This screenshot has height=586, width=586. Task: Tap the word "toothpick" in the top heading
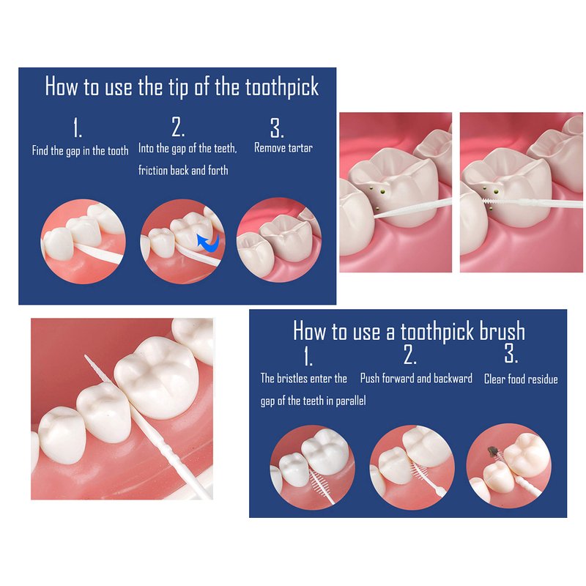pyautogui.click(x=282, y=87)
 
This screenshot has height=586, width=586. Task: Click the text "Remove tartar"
pyautogui.click(x=283, y=148)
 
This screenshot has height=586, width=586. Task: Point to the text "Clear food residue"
pyautogui.click(x=521, y=379)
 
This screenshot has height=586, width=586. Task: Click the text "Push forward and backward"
pyautogui.click(x=416, y=378)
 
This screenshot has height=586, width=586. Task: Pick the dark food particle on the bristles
pyautogui.click(x=492, y=450)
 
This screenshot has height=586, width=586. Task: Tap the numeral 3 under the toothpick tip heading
pyautogui.click(x=277, y=128)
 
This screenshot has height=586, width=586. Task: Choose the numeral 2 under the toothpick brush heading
pyautogui.click(x=410, y=355)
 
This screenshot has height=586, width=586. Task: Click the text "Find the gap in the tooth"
pyautogui.click(x=81, y=151)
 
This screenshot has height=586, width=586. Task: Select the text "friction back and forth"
pyautogui.click(x=183, y=171)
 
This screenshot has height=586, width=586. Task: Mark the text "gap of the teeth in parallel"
pyautogui.click(x=314, y=401)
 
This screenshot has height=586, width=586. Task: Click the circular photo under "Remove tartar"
pyautogui.click(x=279, y=240)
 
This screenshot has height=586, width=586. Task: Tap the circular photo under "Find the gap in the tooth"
pyautogui.click(x=83, y=242)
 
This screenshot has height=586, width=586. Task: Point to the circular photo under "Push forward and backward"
pyautogui.click(x=412, y=467)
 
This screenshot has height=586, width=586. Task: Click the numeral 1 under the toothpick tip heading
pyautogui.click(x=78, y=128)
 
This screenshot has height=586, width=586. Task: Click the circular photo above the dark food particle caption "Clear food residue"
pyautogui.click(x=508, y=466)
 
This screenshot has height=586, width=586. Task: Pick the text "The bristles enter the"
pyautogui.click(x=304, y=378)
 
